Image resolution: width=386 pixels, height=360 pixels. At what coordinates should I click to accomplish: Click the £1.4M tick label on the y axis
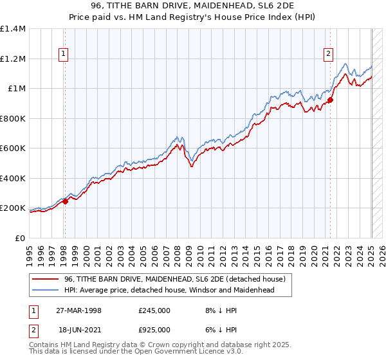tap(13, 29)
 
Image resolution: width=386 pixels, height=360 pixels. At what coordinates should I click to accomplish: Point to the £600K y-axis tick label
tap(13, 148)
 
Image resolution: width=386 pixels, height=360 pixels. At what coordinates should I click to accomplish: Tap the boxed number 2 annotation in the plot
tap(328, 55)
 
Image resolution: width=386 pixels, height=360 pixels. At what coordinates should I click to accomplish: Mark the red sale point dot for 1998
tap(65, 201)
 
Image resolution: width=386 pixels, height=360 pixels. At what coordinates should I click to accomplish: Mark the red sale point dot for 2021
tap(330, 100)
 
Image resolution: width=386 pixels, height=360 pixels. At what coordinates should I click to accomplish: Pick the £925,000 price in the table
tap(154, 329)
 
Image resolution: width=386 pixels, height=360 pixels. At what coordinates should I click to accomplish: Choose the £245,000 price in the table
tap(154, 310)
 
